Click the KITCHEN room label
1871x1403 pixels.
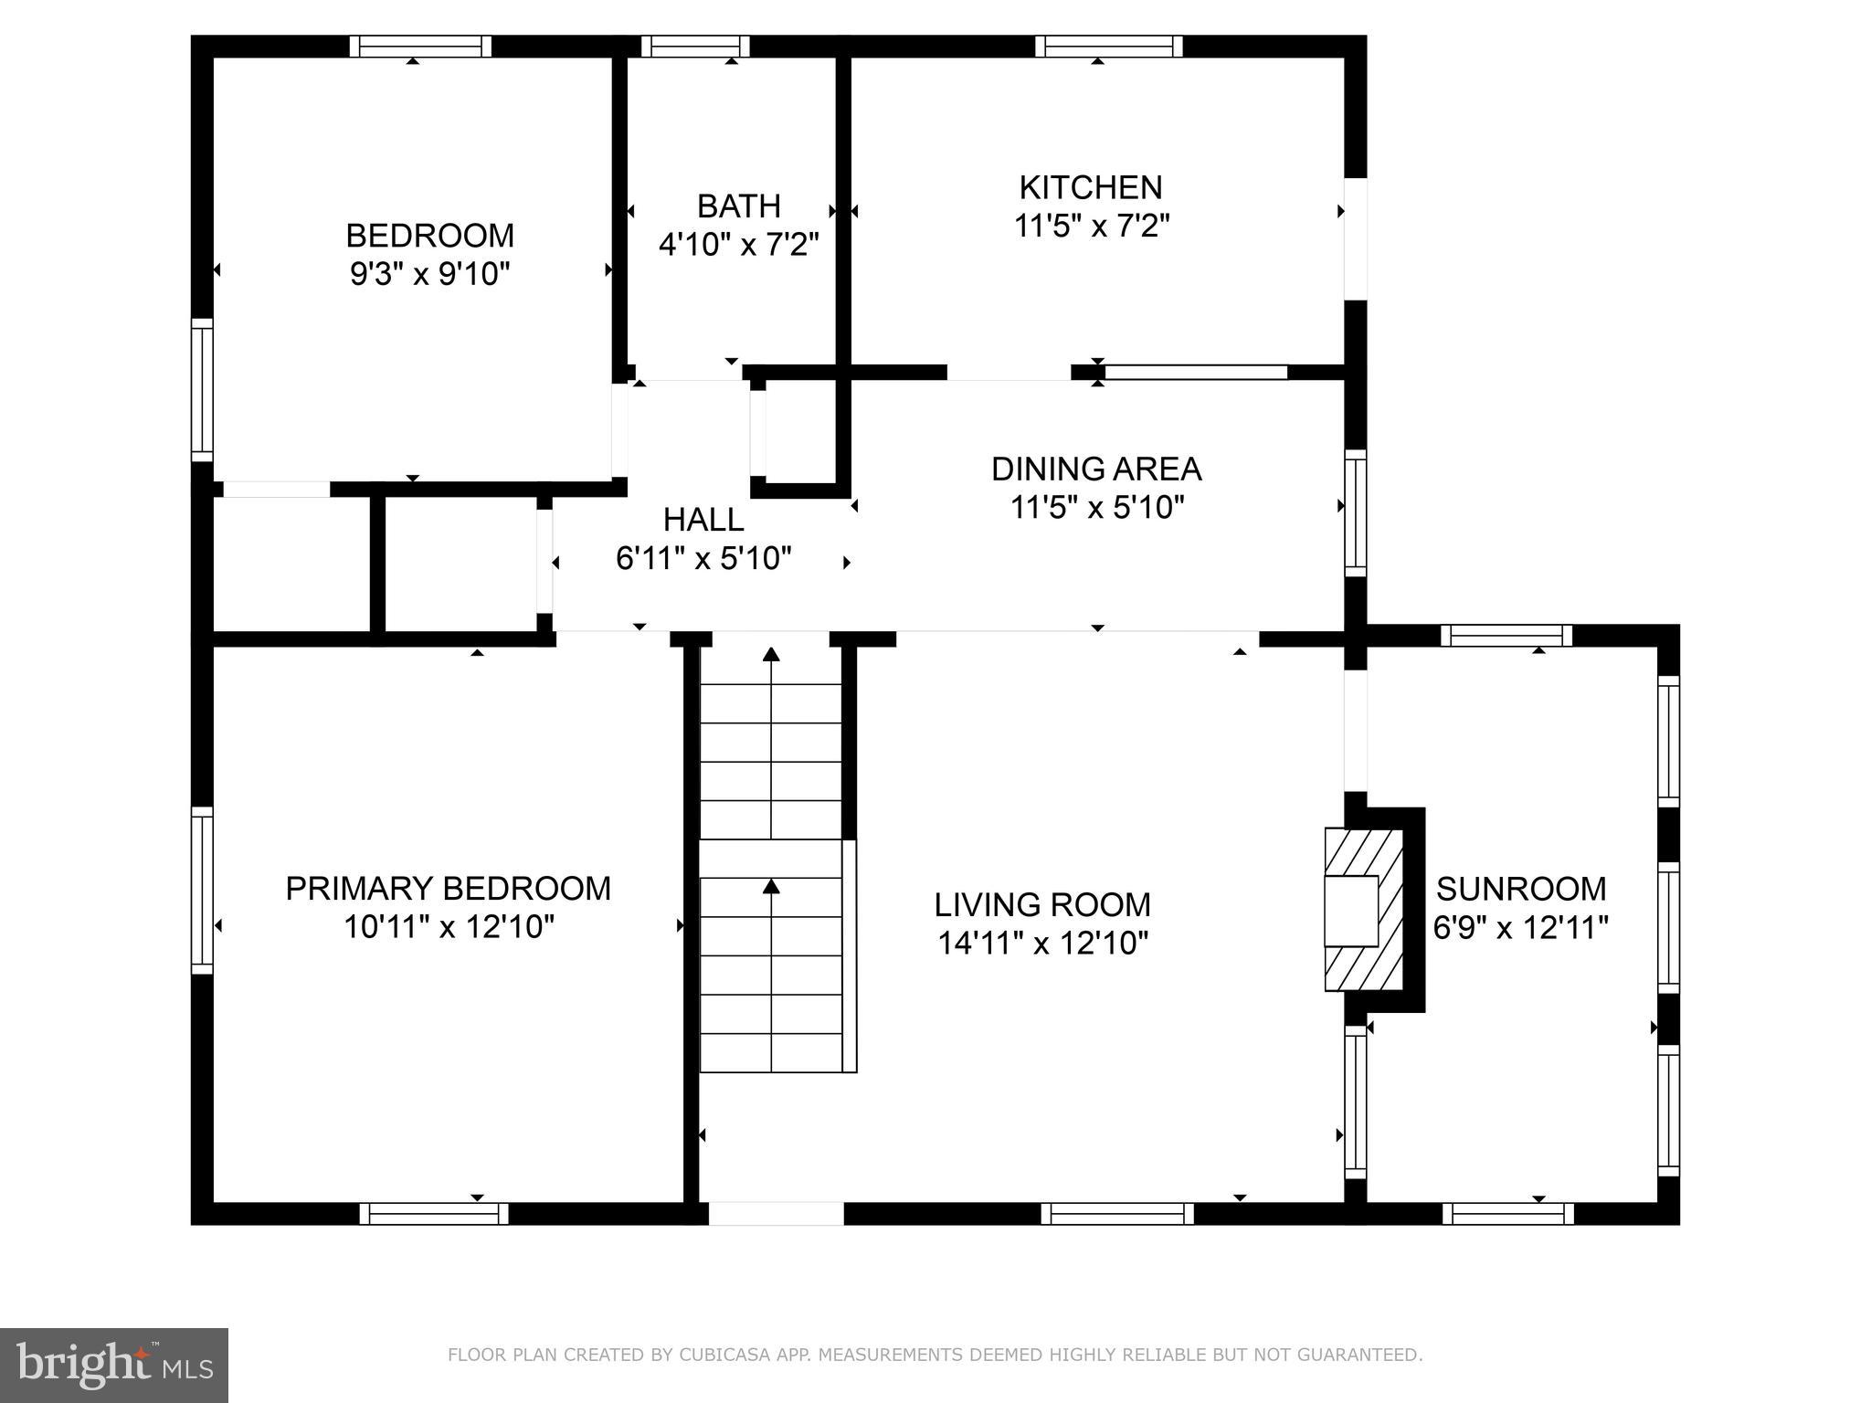pyautogui.click(x=1091, y=188)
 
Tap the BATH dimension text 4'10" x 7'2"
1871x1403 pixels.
pyautogui.click(x=738, y=245)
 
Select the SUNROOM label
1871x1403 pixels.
pyautogui.click(x=1521, y=889)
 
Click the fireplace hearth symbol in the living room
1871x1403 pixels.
pyautogui.click(x=1363, y=910)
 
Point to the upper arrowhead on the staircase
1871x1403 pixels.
pyautogui.click(x=772, y=654)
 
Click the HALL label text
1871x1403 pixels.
pyautogui.click(x=703, y=521)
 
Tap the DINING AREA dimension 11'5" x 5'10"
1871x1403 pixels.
pyautogui.click(x=1096, y=507)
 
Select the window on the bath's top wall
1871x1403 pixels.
pyautogui.click(x=695, y=47)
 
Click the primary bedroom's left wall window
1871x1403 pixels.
pyautogui.click(x=202, y=891)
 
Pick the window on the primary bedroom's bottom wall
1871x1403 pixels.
pyautogui.click(x=434, y=1213)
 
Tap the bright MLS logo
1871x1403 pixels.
pyautogui.click(x=114, y=1366)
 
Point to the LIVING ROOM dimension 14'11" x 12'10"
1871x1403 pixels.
pyautogui.click(x=1042, y=944)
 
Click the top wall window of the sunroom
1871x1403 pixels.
pyautogui.click(x=1506, y=636)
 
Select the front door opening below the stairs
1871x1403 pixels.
pyautogui.click(x=776, y=1213)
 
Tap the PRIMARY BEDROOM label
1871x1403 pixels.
pyautogui.click(x=448, y=889)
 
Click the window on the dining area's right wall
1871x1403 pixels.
pyautogui.click(x=1356, y=512)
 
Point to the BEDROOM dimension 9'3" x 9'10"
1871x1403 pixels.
pyautogui.click(x=429, y=274)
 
